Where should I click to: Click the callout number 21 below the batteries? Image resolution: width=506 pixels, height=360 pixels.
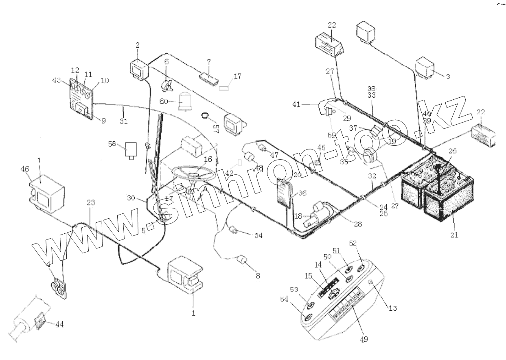(454, 235)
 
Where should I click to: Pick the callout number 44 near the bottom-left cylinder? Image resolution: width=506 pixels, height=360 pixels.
(59, 325)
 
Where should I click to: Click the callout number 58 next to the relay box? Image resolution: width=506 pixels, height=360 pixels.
(112, 143)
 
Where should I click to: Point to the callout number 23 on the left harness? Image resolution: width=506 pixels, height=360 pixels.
(90, 202)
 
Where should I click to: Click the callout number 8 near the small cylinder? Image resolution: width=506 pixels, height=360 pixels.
(258, 276)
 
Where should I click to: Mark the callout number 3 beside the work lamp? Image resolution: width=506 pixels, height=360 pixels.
(447, 76)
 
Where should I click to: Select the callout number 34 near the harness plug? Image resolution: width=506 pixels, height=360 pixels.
(258, 236)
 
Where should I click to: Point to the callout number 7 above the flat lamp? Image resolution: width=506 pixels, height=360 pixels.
(208, 62)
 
